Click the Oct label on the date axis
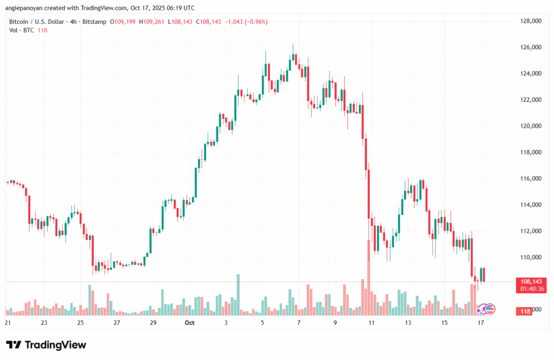(189, 323)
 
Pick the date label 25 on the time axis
(80, 323)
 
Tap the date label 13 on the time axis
(407, 323)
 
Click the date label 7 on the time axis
(299, 323)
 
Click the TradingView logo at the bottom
(46, 345)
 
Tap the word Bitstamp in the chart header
(92, 22)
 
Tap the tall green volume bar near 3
(238, 294)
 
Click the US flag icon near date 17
(490, 309)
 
